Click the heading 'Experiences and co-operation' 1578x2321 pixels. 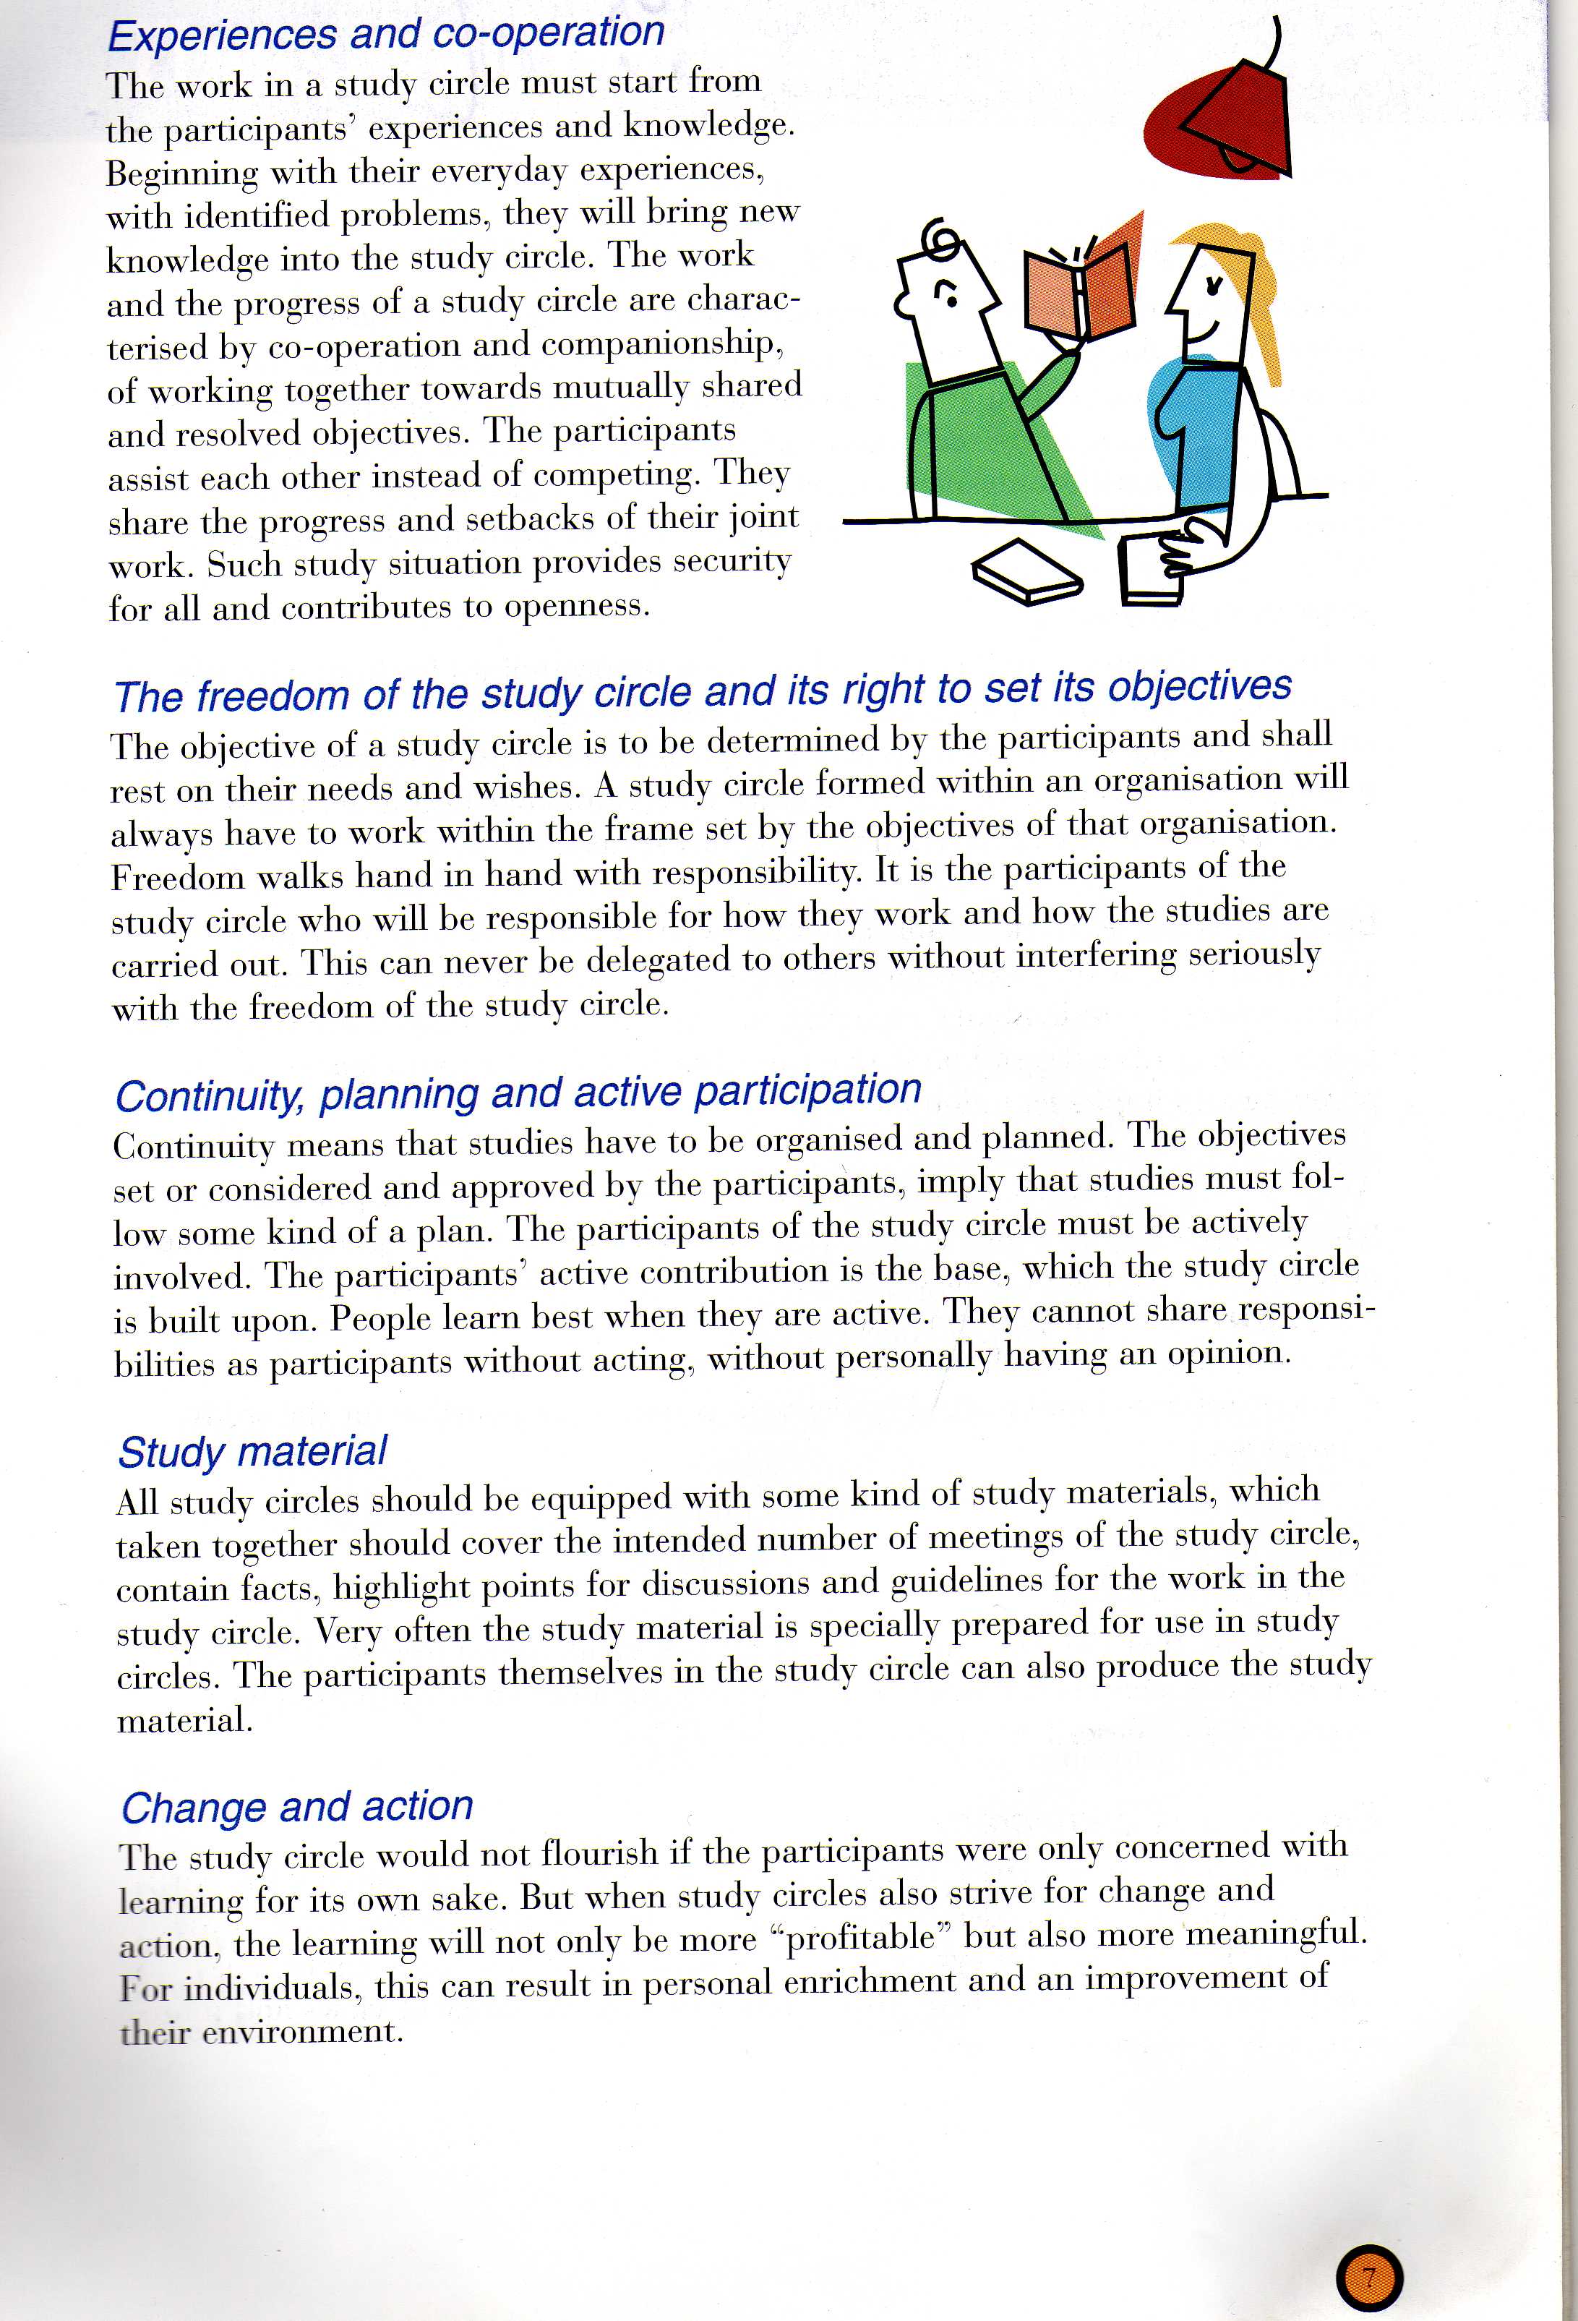point(385,34)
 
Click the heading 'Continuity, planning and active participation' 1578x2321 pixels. point(518,1093)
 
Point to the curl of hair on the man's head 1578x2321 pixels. point(943,239)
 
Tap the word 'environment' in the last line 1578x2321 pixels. point(301,2030)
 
